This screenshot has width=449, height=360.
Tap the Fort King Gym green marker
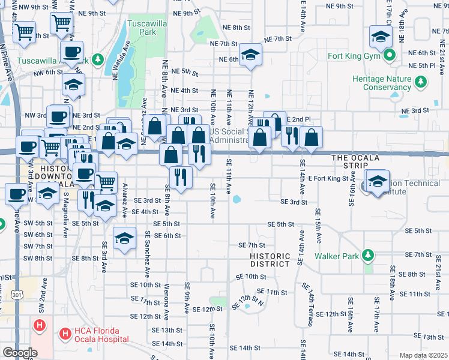point(389,57)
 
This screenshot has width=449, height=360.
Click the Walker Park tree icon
point(367,256)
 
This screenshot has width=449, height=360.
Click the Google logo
point(20,353)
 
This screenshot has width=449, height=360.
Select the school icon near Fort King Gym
point(381,37)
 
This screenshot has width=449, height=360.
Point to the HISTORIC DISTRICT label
point(270,260)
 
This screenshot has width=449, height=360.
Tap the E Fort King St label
point(328,178)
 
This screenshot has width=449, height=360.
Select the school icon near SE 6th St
point(124,239)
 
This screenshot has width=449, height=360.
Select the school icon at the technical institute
point(378,181)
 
